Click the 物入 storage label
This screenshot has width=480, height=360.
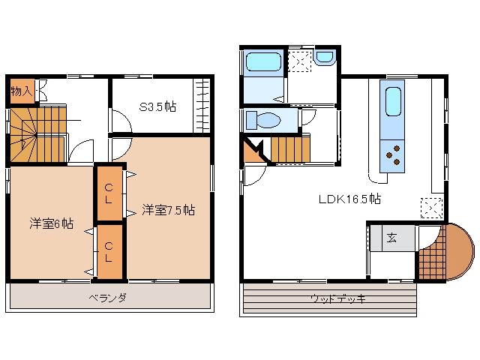(x=22, y=91)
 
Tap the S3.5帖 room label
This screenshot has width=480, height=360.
(x=157, y=106)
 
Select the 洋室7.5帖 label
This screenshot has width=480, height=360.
(x=168, y=210)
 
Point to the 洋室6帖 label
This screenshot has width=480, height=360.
(x=52, y=223)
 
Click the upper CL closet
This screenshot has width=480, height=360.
(x=109, y=193)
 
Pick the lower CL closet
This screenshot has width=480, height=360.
(x=109, y=252)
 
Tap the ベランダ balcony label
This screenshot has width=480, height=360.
(x=108, y=297)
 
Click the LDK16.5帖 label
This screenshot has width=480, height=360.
(x=350, y=199)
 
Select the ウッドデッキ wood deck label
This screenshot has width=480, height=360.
(x=338, y=298)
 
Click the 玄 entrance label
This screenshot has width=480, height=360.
(x=391, y=238)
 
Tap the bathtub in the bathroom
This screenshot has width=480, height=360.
(x=264, y=63)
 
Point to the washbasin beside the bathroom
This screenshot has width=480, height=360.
(x=325, y=57)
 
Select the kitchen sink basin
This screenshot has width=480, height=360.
(x=393, y=101)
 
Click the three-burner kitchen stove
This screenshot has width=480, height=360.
(x=392, y=156)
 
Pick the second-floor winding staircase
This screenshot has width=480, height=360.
(x=38, y=134)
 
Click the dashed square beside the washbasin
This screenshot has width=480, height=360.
(x=300, y=61)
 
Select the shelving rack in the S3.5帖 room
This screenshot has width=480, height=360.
(x=202, y=106)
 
